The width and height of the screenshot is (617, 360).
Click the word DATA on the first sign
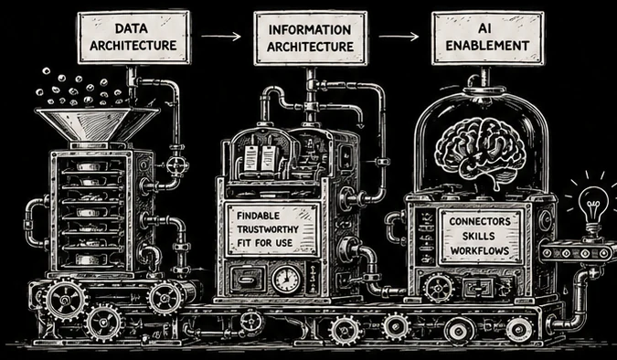132,28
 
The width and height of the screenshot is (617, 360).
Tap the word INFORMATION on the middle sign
310,30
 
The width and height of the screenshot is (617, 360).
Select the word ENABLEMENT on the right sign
487,46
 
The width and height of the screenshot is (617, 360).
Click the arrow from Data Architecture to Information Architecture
221,37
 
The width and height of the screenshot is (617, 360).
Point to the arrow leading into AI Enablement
399,37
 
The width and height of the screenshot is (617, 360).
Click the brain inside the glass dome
480,150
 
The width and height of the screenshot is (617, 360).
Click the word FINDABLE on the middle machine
258,216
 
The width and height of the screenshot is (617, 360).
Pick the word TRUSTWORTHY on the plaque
268,229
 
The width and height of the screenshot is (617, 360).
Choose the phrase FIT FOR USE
265,243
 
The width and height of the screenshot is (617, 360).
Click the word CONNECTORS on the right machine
480,221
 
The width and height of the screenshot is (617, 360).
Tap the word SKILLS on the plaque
480,236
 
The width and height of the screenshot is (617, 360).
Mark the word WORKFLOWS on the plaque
480,250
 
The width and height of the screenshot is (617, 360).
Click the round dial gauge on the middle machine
287,279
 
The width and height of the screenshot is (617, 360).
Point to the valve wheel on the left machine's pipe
177,165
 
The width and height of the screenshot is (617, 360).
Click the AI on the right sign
487,28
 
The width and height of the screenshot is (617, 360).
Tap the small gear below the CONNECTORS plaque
439,287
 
